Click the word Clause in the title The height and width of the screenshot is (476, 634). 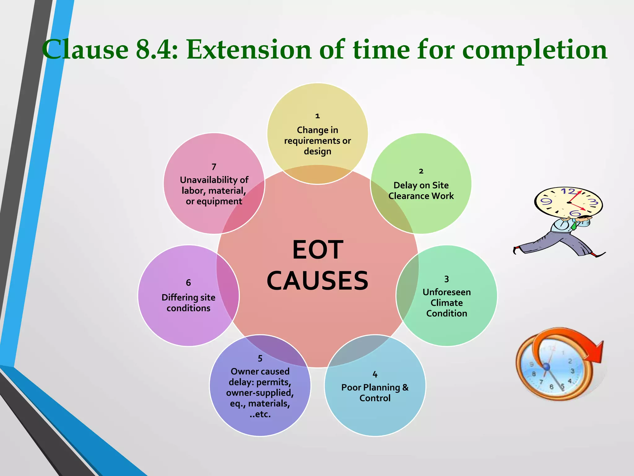85,50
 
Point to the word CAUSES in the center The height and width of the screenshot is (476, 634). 318,281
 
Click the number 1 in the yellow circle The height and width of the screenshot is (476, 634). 317,116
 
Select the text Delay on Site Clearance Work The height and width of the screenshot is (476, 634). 421,191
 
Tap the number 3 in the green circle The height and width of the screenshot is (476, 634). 446,279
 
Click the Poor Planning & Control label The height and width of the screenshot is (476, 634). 375,393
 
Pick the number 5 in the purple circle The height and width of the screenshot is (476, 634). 260,359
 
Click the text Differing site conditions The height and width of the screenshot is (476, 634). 189,303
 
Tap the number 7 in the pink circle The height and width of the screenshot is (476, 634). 214,167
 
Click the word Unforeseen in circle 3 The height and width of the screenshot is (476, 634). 446,292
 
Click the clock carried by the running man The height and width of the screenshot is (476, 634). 568,202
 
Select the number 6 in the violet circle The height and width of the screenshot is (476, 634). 188,283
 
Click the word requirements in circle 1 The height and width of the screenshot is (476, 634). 313,141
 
